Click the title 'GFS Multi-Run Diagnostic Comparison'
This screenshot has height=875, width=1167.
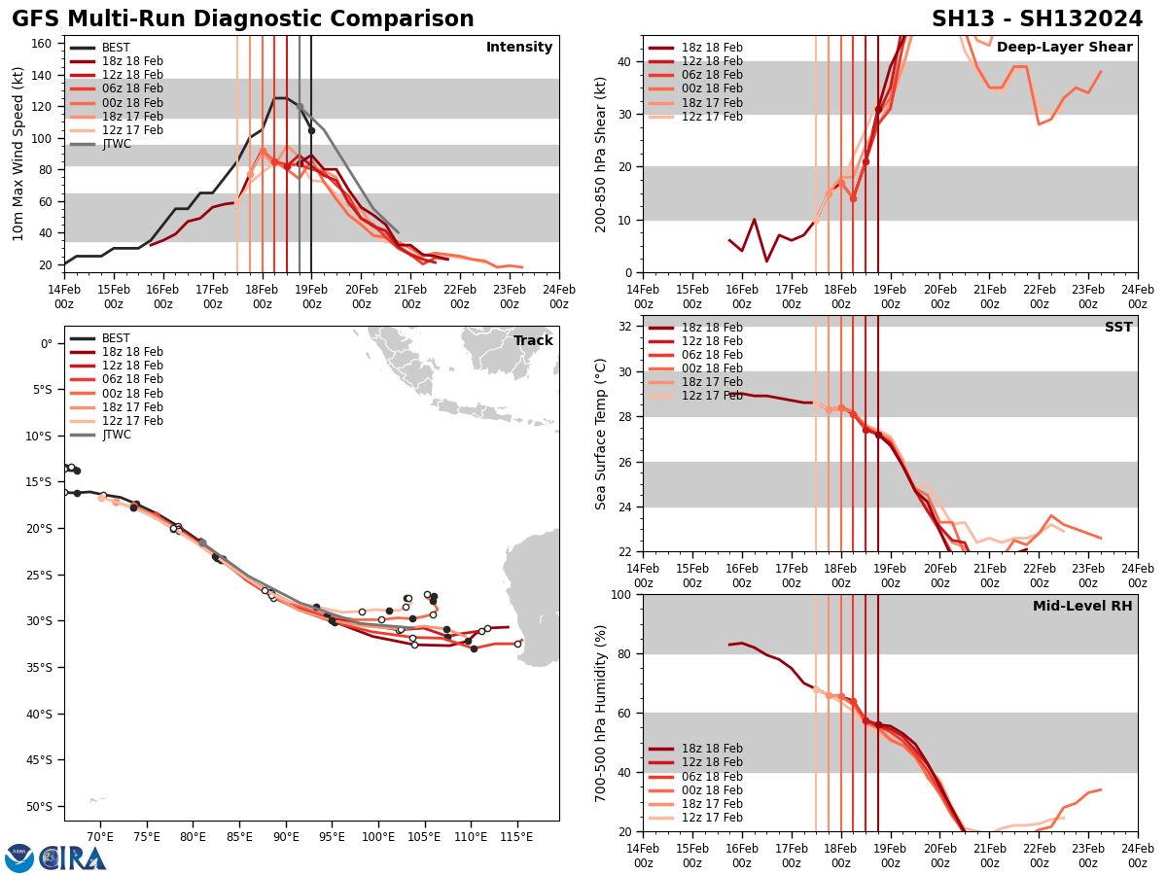(x=243, y=19)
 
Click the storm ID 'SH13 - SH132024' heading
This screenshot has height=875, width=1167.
(x=1037, y=19)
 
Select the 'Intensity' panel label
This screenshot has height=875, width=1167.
(x=519, y=48)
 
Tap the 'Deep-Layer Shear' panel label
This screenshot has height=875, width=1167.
(x=1064, y=48)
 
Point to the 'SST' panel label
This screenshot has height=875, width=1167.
(x=1118, y=328)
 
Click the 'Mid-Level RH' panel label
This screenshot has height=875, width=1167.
(x=1082, y=607)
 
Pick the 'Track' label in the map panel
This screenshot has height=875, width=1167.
(x=533, y=341)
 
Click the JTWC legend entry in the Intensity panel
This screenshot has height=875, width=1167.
(x=116, y=144)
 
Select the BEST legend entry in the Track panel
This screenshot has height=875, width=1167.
(x=116, y=338)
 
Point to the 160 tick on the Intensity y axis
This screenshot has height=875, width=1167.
(x=43, y=44)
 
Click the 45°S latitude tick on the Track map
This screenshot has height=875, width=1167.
(x=39, y=760)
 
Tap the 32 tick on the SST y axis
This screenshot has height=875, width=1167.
(x=626, y=327)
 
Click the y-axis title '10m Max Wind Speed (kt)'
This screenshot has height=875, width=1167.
(x=18, y=154)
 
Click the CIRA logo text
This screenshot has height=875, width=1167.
(x=73, y=858)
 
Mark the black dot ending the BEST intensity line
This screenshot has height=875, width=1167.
(x=311, y=130)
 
